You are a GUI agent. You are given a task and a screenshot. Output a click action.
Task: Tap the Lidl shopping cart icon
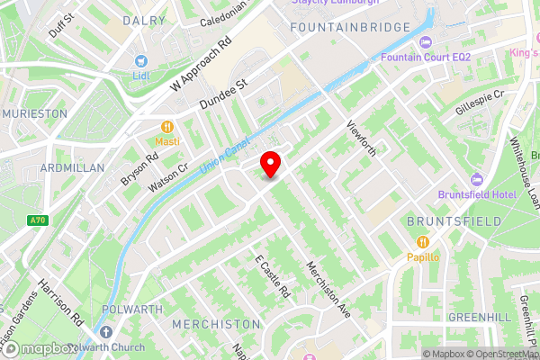(140, 61)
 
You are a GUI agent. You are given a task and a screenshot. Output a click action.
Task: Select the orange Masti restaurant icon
(166, 128)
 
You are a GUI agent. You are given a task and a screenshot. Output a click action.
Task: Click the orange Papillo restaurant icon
(421, 242)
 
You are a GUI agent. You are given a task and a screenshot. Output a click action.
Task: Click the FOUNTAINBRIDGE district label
(342, 29)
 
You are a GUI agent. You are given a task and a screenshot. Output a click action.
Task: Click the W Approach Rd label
(200, 66)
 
